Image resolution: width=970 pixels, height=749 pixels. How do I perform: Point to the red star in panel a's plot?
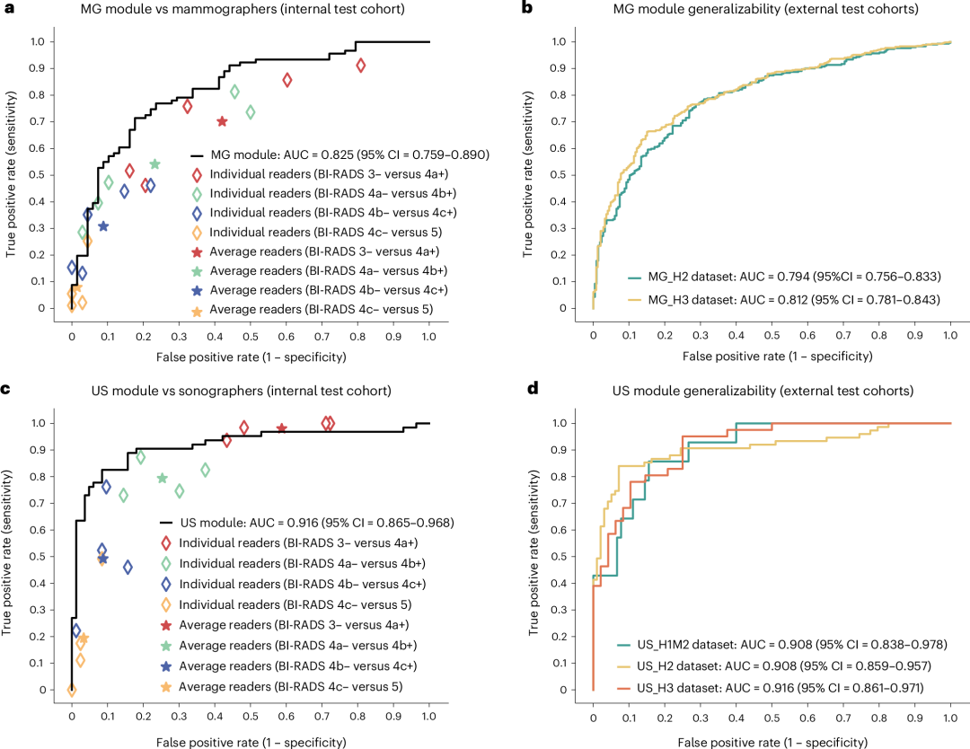click(x=222, y=121)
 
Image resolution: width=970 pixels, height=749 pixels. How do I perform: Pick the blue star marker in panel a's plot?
click(x=103, y=226)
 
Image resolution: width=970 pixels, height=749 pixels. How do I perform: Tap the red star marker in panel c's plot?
click(x=281, y=429)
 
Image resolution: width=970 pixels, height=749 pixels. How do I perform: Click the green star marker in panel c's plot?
click(x=163, y=479)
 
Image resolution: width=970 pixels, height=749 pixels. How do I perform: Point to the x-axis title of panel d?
click(x=772, y=742)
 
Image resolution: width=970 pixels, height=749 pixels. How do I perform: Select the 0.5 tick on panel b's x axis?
click(x=772, y=333)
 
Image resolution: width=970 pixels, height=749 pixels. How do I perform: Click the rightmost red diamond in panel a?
click(x=360, y=66)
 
